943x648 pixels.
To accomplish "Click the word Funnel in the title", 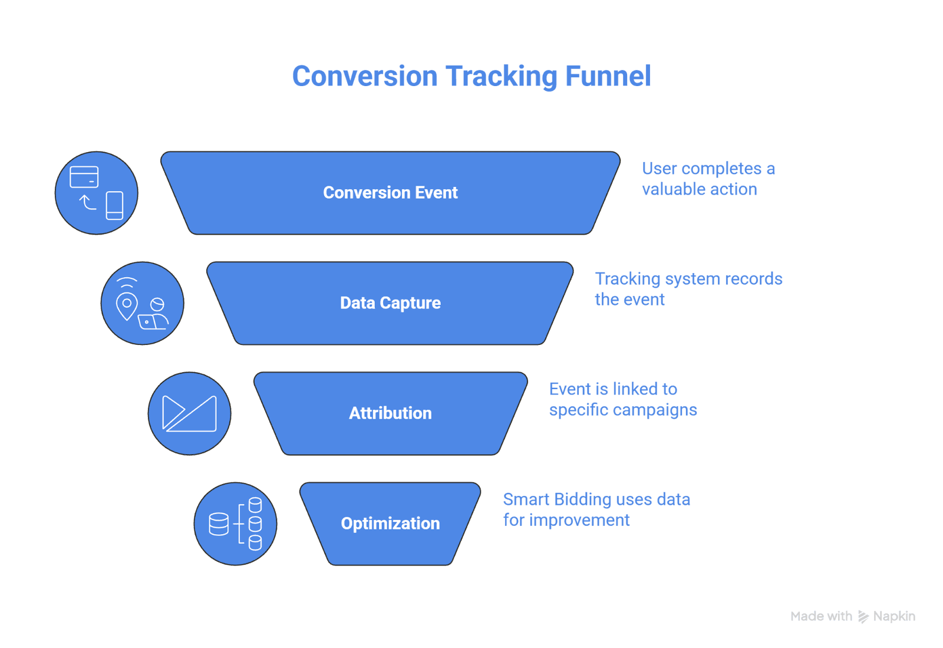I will point(607,77).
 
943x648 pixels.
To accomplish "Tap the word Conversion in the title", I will point(365,77).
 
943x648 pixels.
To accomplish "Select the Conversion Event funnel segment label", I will point(390,193).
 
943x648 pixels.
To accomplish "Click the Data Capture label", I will point(390,303).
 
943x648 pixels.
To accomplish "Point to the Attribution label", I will point(390,413).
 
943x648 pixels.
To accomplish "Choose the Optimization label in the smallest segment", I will point(390,524).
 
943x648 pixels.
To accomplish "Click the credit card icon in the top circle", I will point(84,177).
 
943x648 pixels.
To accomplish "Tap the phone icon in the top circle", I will point(114,205).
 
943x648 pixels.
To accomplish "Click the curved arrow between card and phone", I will point(88,202).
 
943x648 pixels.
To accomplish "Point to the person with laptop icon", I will point(154,315).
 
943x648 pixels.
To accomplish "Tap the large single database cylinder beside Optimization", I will point(219,524).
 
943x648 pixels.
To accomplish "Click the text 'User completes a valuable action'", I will point(707,179).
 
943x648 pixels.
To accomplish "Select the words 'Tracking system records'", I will point(688,279).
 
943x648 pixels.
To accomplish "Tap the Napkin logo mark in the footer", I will point(863,617).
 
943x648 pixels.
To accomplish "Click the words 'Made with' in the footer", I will point(821,617).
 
